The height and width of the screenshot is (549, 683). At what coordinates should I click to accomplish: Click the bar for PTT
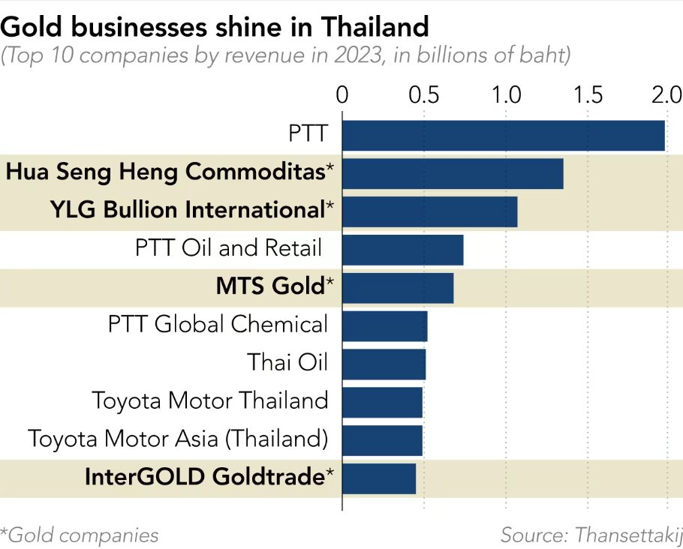click(x=503, y=135)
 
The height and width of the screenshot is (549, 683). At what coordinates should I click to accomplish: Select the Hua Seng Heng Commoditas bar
click(x=453, y=173)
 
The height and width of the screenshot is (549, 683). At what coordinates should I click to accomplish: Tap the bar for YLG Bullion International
click(x=429, y=211)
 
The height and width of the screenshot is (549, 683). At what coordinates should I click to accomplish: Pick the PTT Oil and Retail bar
click(x=402, y=250)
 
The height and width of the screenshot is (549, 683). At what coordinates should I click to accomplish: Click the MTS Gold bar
click(x=398, y=288)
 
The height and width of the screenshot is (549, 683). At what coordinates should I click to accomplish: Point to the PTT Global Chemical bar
click(x=384, y=326)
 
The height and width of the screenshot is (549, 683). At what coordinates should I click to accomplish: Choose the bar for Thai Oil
click(x=384, y=364)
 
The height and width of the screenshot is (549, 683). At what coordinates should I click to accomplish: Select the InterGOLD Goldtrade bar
click(x=379, y=478)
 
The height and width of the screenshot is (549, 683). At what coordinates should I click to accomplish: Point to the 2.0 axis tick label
click(x=666, y=95)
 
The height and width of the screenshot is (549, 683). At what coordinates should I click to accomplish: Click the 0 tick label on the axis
click(x=342, y=95)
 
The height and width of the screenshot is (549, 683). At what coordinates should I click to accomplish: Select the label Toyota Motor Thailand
click(x=210, y=400)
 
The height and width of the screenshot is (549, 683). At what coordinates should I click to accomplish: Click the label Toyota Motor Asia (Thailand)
click(x=178, y=438)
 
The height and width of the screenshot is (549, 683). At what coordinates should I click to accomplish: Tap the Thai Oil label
click(x=288, y=362)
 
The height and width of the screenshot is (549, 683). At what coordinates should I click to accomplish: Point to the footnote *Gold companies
click(x=80, y=535)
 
